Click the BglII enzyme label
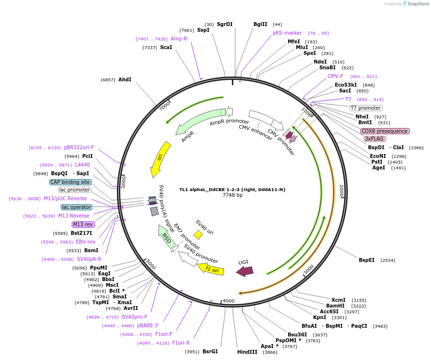point(260,24)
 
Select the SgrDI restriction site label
point(225,24)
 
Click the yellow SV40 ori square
point(198,234)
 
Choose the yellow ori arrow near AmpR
point(161,159)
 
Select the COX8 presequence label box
point(385,131)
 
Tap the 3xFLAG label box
point(375,139)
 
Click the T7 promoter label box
point(366,108)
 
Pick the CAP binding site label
point(70,182)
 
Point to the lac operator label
point(76,207)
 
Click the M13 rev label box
point(83,224)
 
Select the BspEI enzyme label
point(367,260)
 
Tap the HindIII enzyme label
point(247,352)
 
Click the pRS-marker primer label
point(287,33)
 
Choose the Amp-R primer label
point(179,39)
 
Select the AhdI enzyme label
point(125,79)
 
